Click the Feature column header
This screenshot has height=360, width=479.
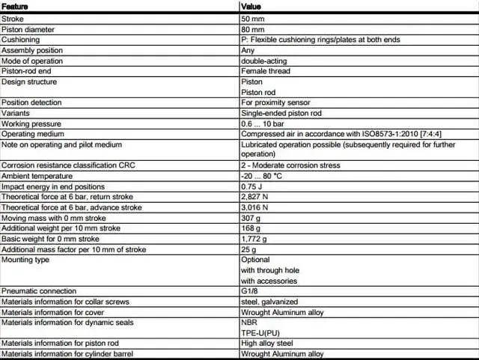15,6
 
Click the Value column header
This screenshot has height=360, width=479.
251,6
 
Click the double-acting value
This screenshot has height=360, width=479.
263,61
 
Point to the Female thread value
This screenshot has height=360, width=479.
265,71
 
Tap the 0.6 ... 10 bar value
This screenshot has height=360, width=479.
263,123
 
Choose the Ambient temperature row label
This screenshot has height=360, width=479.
33,176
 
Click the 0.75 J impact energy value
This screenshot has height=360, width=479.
252,186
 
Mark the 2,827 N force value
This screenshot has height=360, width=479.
254,197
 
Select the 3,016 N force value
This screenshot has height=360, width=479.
254,207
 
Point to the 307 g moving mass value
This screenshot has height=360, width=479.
250,218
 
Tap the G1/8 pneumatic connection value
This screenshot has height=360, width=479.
251,291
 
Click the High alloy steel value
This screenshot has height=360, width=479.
267,344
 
